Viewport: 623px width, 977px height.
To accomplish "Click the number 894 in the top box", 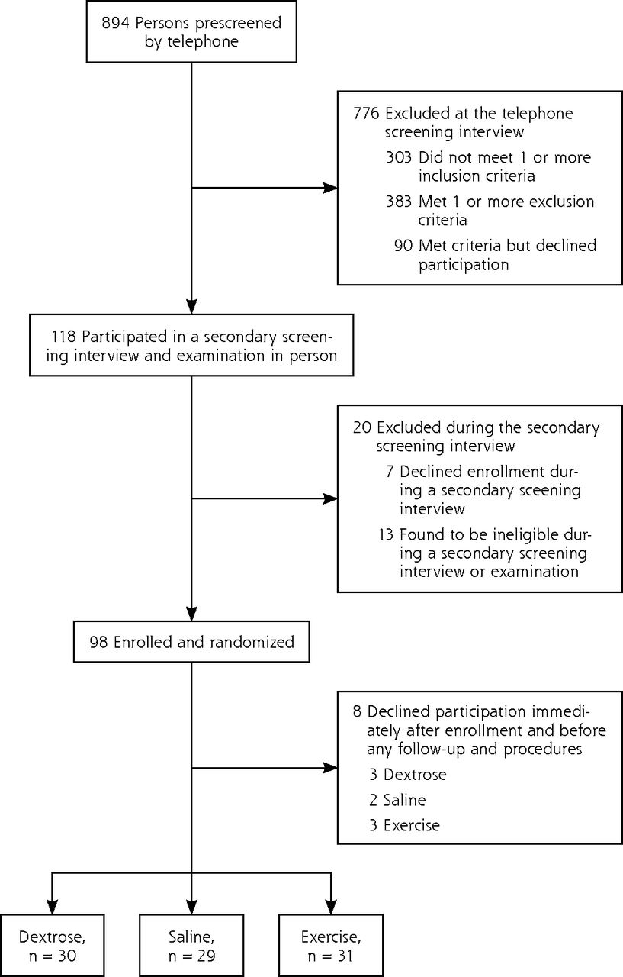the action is (115, 23).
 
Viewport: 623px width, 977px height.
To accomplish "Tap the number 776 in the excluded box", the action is (366, 114).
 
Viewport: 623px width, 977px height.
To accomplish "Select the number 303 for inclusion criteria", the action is (399, 157).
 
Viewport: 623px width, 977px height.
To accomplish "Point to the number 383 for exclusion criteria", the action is (399, 201).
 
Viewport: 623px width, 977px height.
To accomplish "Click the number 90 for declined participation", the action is (403, 245).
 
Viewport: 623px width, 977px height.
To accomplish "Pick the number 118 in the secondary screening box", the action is (63, 337).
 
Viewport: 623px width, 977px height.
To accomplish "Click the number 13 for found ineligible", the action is (386, 534).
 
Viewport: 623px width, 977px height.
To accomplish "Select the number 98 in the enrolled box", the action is (98, 642).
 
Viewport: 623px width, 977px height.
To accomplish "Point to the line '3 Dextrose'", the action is (408, 774).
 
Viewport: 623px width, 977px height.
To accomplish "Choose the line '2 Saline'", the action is (397, 800).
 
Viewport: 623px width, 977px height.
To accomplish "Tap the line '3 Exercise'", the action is (404, 825).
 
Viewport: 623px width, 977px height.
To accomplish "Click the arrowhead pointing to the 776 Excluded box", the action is (330, 188).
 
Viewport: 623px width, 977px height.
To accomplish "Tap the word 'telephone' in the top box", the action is (203, 41).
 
